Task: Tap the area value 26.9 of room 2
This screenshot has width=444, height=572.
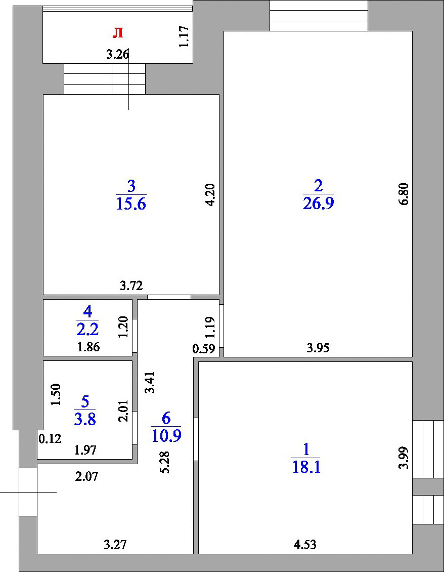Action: (x=318, y=203)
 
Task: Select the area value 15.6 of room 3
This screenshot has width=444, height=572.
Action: (x=131, y=203)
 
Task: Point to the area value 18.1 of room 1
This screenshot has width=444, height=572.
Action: (x=306, y=467)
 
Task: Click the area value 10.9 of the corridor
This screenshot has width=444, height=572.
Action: (x=166, y=435)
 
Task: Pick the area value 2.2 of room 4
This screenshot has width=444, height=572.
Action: (x=87, y=330)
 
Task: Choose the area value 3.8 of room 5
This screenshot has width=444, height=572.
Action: (x=85, y=420)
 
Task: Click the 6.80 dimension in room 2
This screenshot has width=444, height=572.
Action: (x=404, y=194)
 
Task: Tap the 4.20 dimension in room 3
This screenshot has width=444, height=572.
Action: (x=210, y=195)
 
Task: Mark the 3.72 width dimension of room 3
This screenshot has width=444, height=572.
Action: (x=131, y=285)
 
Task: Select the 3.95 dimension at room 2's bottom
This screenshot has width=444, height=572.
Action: (x=318, y=348)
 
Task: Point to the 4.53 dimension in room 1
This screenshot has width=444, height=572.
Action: (x=305, y=545)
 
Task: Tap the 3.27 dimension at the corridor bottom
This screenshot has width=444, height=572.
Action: (x=115, y=545)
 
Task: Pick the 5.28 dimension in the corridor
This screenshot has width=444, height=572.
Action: (x=165, y=463)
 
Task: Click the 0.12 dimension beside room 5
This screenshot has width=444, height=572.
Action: (x=50, y=438)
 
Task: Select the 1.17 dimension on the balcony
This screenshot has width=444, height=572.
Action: (x=184, y=36)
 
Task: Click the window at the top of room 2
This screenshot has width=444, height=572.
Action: (x=319, y=16)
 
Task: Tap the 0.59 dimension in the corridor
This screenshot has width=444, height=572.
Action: (x=204, y=349)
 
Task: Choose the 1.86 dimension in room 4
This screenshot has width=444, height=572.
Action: (x=88, y=347)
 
